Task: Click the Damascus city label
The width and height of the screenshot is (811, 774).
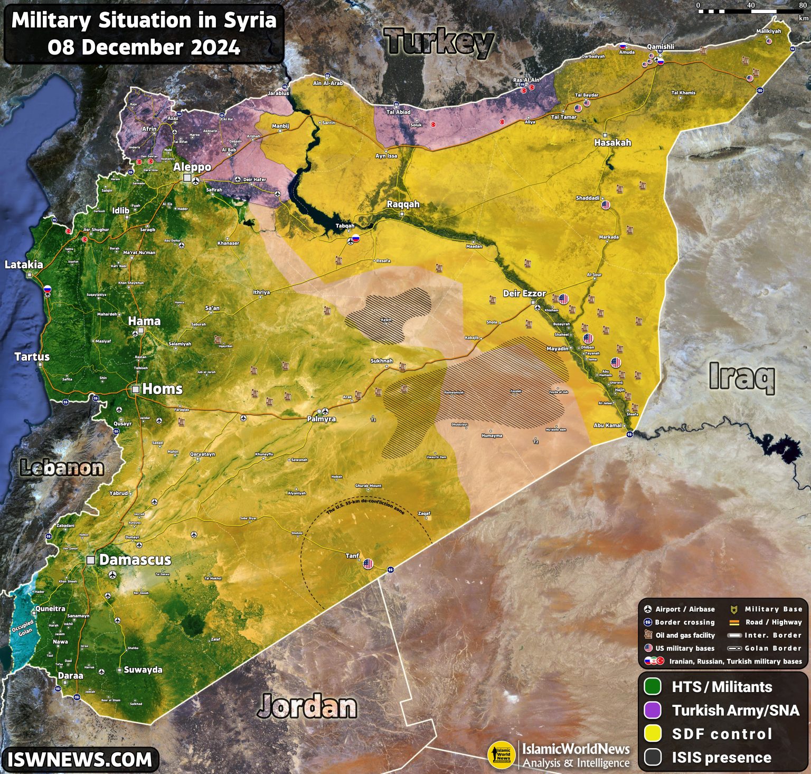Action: [x=135, y=560]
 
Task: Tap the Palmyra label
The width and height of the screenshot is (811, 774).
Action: [x=322, y=419]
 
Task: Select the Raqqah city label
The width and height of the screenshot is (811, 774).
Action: [x=403, y=204]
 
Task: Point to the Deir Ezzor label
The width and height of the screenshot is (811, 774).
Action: [x=524, y=293]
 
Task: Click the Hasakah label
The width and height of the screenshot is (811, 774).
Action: [x=612, y=143]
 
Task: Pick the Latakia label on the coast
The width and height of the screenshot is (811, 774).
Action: [x=24, y=265]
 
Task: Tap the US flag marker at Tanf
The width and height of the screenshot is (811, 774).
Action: [x=368, y=564]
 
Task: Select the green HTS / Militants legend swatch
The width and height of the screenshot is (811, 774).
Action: [x=653, y=687]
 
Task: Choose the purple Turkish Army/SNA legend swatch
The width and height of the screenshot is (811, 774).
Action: [x=653, y=710]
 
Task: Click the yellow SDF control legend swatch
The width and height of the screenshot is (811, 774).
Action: [x=653, y=733]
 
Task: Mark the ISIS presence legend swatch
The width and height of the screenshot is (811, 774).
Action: [x=653, y=757]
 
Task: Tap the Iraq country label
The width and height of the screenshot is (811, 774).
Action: [x=742, y=376]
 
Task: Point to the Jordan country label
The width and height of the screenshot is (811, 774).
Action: [x=307, y=706]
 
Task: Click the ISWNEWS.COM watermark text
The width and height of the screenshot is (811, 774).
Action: [x=80, y=760]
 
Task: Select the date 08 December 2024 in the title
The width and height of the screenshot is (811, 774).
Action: [x=144, y=48]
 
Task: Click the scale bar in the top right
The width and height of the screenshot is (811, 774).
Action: [x=750, y=11]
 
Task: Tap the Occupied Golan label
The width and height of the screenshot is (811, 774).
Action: [x=22, y=628]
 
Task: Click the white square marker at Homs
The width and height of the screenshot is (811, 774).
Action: [x=136, y=389]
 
